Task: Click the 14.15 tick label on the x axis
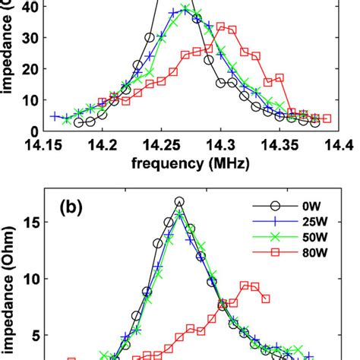[x=43, y=144]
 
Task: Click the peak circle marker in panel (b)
[x=179, y=202]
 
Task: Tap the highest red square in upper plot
[x=221, y=27]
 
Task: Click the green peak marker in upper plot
[x=185, y=9]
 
